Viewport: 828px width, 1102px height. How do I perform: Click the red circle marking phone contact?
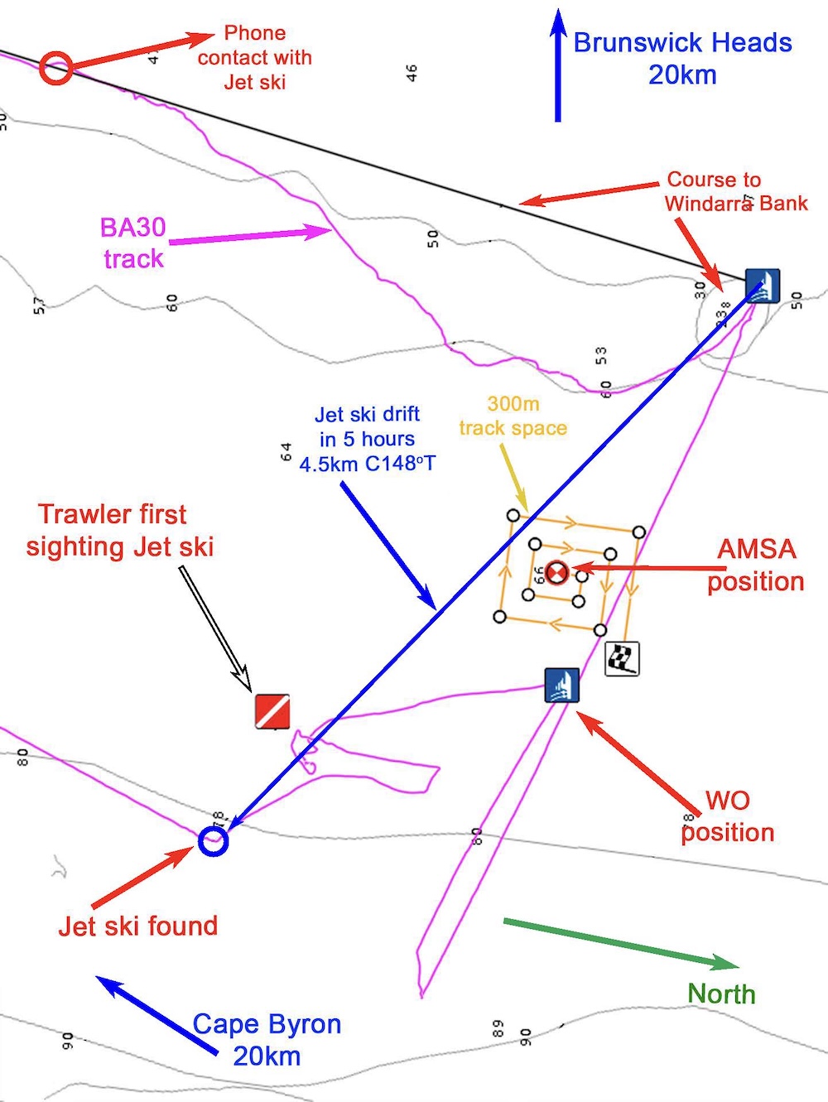click(56, 67)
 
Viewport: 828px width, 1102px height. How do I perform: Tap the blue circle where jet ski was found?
click(213, 841)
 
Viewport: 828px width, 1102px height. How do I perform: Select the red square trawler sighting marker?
click(272, 711)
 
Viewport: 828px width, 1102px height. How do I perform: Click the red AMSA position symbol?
click(557, 571)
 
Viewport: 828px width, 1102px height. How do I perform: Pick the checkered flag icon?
click(622, 659)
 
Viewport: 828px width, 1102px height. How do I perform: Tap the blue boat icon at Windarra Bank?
click(762, 286)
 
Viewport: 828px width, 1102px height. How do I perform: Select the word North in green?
click(722, 994)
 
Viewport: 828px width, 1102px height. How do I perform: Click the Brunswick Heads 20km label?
click(682, 58)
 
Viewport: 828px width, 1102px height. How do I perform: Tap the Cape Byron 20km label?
click(267, 1040)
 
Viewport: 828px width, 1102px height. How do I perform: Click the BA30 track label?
click(133, 243)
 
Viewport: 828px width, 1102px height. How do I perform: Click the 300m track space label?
click(513, 416)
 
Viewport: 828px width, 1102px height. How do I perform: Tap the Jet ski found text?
click(138, 926)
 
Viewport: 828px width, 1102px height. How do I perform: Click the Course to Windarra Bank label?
click(735, 191)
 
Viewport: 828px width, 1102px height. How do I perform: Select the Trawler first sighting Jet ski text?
click(119, 530)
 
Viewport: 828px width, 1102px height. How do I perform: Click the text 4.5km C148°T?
click(367, 464)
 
